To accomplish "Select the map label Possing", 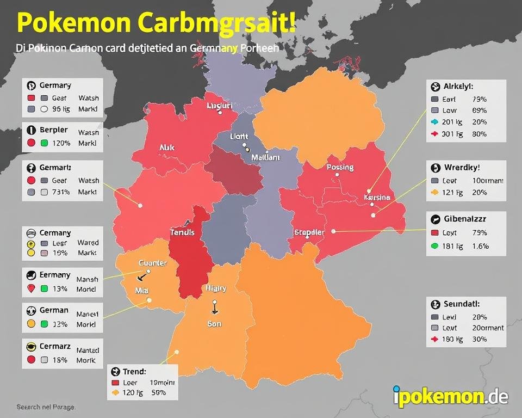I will click(x=340, y=168).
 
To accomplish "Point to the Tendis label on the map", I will click(x=187, y=231).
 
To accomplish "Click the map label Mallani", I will click(x=265, y=157).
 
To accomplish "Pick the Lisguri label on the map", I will click(x=220, y=106).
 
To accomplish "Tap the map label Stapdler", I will click(x=309, y=232).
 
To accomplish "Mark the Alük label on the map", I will click(x=167, y=147).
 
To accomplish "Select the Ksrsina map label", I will click(x=376, y=198).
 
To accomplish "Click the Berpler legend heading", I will click(x=54, y=130).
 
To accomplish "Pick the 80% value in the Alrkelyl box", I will click(x=480, y=134).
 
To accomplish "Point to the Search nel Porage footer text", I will click(x=46, y=407).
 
